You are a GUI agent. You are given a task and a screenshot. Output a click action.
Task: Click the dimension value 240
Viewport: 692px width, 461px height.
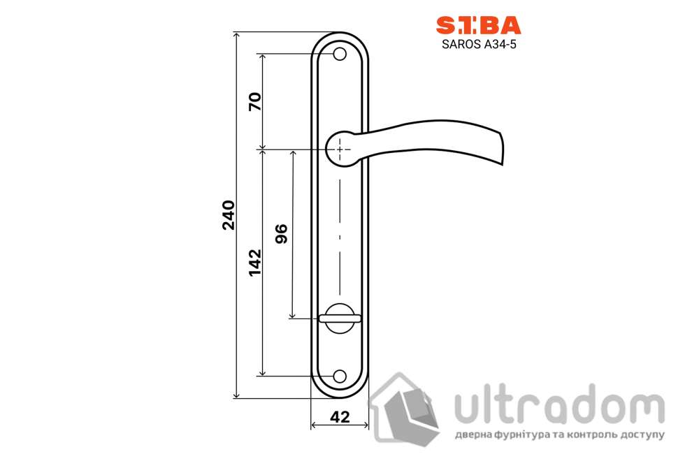pyautogui.click(x=229, y=215)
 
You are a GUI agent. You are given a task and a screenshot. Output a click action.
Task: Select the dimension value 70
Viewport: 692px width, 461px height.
pyautogui.click(x=255, y=102)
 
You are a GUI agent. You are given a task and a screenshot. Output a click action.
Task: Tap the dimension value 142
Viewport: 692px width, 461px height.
pyautogui.click(x=255, y=263)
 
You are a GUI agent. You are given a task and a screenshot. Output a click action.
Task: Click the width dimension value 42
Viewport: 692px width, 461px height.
pyautogui.click(x=340, y=417)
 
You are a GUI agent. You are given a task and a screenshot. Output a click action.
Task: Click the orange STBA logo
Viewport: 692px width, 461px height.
pyautogui.click(x=479, y=26)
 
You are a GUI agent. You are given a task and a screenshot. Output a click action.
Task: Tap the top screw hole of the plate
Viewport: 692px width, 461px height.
pyautogui.click(x=340, y=54)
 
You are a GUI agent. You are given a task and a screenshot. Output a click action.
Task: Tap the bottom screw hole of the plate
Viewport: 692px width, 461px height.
pyautogui.click(x=340, y=376)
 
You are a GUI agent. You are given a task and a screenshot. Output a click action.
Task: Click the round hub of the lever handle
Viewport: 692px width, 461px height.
pyautogui.click(x=340, y=149)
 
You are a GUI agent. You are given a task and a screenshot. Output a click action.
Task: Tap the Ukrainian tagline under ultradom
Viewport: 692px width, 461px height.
pyautogui.click(x=559, y=435)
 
